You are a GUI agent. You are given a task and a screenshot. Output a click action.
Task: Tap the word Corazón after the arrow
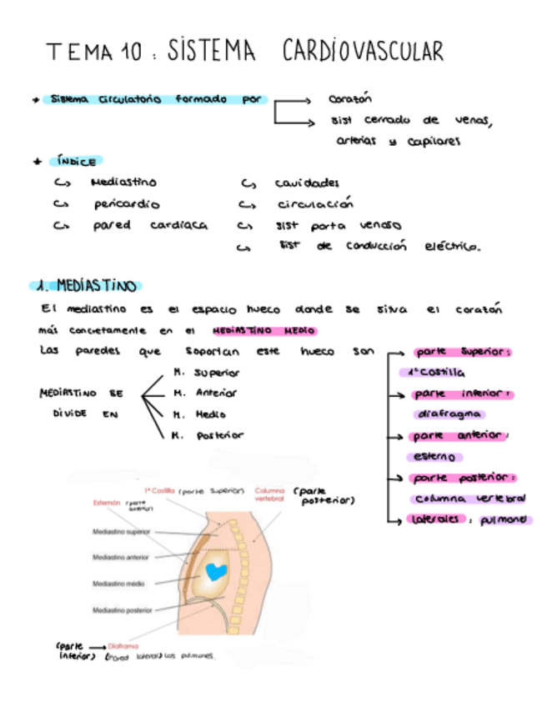pyautogui.click(x=349, y=98)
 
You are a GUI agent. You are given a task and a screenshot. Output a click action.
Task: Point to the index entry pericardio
pyautogui.click(x=127, y=203)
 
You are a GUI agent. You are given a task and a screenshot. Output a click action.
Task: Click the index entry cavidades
pyautogui.click(x=307, y=183)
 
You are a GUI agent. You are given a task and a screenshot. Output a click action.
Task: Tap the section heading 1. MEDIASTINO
pyautogui.click(x=85, y=286)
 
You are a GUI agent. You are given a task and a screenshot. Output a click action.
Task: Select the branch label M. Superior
pyautogui.click(x=206, y=373)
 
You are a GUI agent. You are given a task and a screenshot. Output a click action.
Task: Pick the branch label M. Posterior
pyautogui.click(x=208, y=434)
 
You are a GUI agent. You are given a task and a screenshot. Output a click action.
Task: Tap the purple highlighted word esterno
pyautogui.click(x=434, y=457)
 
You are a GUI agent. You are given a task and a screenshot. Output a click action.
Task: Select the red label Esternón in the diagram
pyautogui.click(x=107, y=503)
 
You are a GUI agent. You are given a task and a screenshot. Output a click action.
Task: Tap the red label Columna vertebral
pyautogui.click(x=269, y=496)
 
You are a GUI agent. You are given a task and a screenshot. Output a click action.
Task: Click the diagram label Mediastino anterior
pyautogui.click(x=121, y=557)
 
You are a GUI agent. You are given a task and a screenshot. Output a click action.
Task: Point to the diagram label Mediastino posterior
pyautogui.click(x=122, y=610)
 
